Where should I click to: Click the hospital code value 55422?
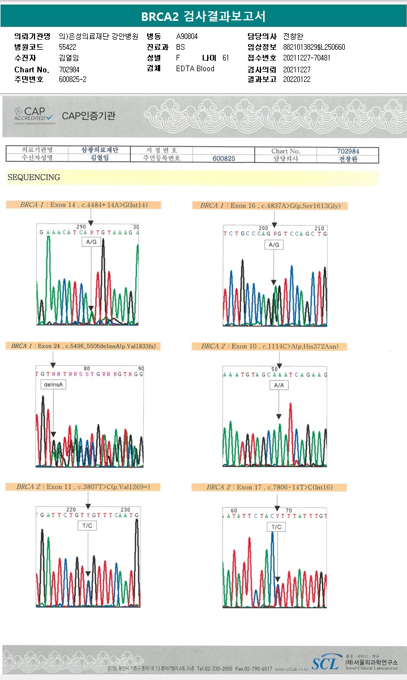(67, 47)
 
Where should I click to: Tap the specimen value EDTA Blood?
(195, 69)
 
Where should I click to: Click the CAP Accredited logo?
(35, 115)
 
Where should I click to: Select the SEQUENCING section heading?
(33, 177)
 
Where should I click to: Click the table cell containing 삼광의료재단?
(100, 150)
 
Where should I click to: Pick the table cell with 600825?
(224, 159)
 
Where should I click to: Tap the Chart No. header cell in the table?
(285, 151)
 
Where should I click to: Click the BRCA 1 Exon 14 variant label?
(84, 205)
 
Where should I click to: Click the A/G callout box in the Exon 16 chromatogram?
(273, 245)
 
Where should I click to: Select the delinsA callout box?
(53, 384)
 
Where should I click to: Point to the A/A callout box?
(278, 385)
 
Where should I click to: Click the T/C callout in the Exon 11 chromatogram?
(87, 526)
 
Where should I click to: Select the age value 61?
(226, 58)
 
